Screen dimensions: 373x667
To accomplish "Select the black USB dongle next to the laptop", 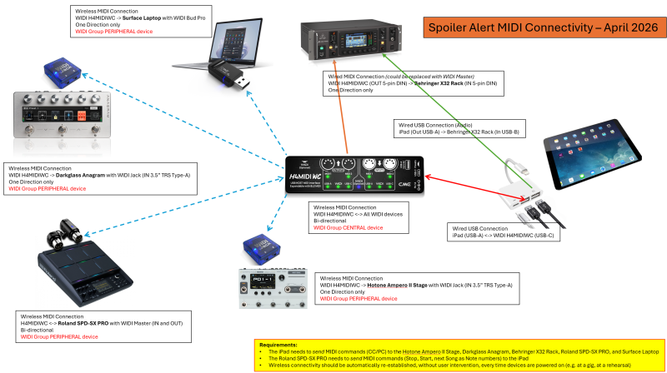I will click(226, 80).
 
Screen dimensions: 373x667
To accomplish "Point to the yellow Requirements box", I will click(459, 355).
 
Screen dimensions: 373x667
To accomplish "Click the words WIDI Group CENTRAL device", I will click(347, 226).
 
